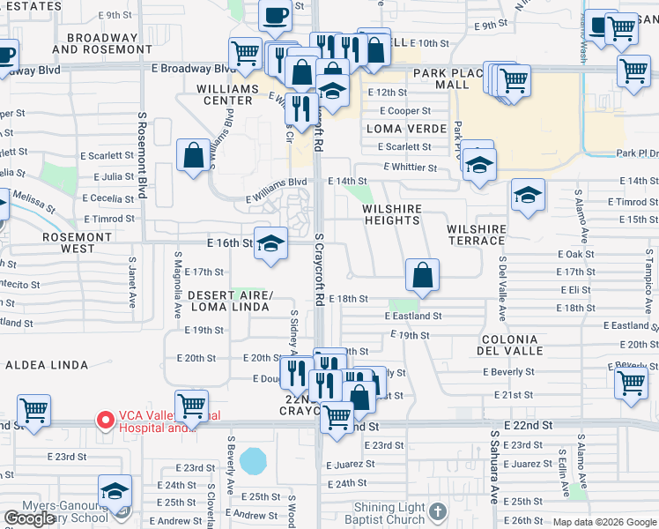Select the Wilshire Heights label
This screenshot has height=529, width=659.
click(x=392, y=215)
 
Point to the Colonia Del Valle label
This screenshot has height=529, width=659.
click(x=509, y=345)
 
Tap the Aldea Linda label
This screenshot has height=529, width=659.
click(x=47, y=364)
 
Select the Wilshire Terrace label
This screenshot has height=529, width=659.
click(x=477, y=235)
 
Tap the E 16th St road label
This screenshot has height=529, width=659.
click(x=229, y=242)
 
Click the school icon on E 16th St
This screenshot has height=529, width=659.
click(x=270, y=243)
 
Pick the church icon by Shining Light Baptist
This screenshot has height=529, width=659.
click(x=437, y=510)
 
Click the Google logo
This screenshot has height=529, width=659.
click(x=30, y=518)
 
